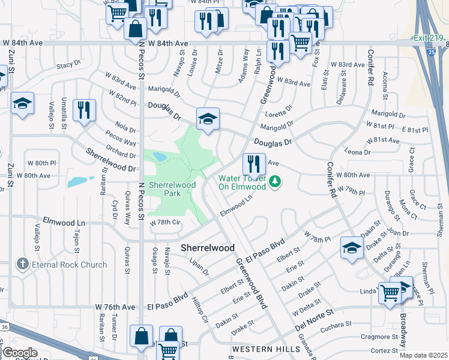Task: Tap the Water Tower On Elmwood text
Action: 241,182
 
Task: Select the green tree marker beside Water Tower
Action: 275,181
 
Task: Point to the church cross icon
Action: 22,264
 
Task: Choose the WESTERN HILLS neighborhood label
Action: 266,349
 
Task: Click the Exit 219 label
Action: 428,38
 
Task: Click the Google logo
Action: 19,352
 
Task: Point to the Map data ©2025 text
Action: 424,355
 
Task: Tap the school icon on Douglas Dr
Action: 208,118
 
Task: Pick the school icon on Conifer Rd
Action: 351,247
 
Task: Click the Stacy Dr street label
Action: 68,64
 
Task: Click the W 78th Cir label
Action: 165,222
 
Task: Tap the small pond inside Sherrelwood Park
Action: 160,157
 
